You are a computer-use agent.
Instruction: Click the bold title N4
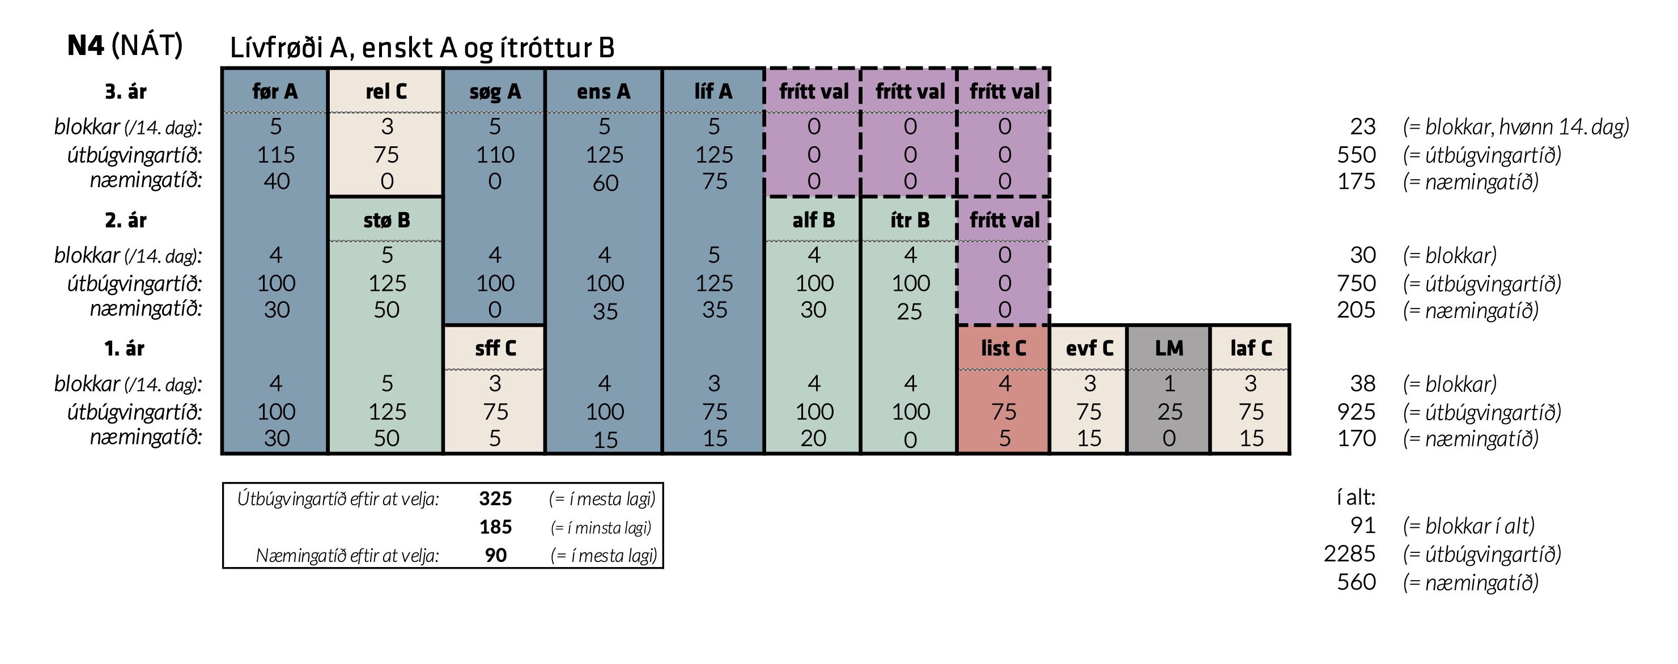(x=86, y=45)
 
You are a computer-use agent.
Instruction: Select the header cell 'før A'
(x=275, y=91)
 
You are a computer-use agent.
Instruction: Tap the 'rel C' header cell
(x=386, y=91)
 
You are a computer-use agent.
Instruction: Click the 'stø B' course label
(x=386, y=220)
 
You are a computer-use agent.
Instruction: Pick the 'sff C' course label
(x=495, y=348)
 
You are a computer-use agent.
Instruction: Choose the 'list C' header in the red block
(x=1003, y=348)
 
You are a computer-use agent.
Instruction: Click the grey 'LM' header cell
(x=1169, y=348)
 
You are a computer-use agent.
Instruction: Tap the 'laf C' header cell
(x=1251, y=348)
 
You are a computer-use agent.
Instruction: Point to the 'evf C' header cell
(x=1089, y=348)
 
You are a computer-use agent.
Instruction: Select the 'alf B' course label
(x=814, y=220)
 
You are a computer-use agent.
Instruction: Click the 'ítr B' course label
(x=910, y=220)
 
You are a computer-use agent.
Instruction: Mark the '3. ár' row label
(x=126, y=91)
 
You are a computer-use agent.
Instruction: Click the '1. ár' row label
(x=125, y=349)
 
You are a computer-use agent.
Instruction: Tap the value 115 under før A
(x=275, y=154)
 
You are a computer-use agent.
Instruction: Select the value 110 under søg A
(x=495, y=154)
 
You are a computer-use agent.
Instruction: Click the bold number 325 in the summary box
(x=495, y=498)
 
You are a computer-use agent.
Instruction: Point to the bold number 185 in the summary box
(x=495, y=527)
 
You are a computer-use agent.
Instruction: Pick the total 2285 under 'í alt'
(x=1349, y=553)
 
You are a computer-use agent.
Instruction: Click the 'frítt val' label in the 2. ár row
(x=1004, y=220)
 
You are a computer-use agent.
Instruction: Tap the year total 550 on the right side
(x=1356, y=154)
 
